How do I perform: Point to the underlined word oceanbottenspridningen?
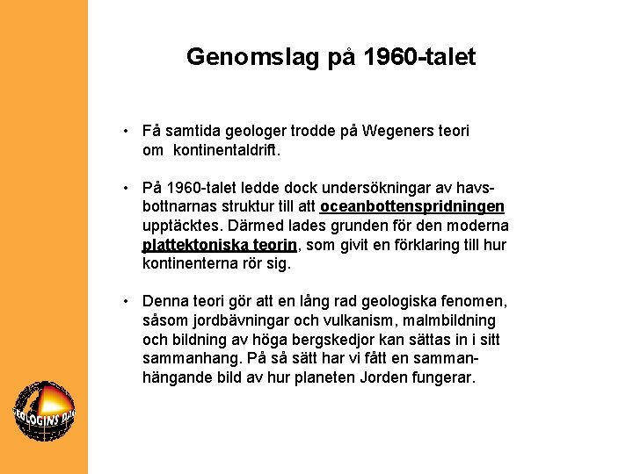click(x=412, y=207)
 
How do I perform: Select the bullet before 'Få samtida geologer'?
click(x=127, y=131)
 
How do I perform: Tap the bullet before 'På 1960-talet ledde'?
click(x=127, y=188)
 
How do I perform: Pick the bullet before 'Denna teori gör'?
click(x=127, y=301)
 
